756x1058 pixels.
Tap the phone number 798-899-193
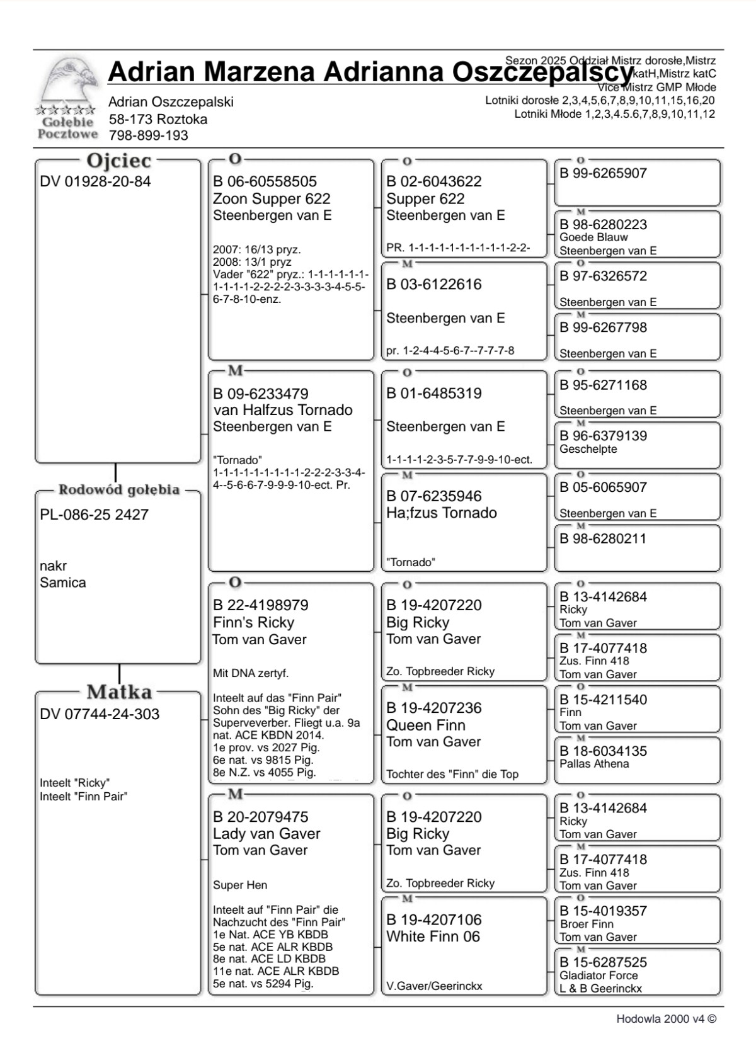[x=148, y=135]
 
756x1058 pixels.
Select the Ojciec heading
[x=118, y=161]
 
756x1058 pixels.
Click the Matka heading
[x=119, y=692]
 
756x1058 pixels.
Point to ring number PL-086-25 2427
[x=94, y=515]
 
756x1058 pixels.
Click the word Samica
[x=62, y=583]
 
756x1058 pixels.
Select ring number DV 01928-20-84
[x=95, y=182]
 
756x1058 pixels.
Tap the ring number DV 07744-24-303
[x=100, y=714]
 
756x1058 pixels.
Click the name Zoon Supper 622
[x=272, y=199]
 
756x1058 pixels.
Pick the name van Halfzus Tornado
[x=283, y=410]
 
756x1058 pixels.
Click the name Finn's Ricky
[x=253, y=623]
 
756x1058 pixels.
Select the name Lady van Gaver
[x=266, y=834]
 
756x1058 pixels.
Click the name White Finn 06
[x=433, y=936]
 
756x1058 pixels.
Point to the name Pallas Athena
[x=593, y=764]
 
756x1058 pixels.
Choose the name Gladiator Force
[x=598, y=976]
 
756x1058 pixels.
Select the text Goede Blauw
[x=593, y=237]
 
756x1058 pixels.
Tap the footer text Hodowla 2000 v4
[x=665, y=1019]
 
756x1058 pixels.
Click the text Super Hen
[x=240, y=885]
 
